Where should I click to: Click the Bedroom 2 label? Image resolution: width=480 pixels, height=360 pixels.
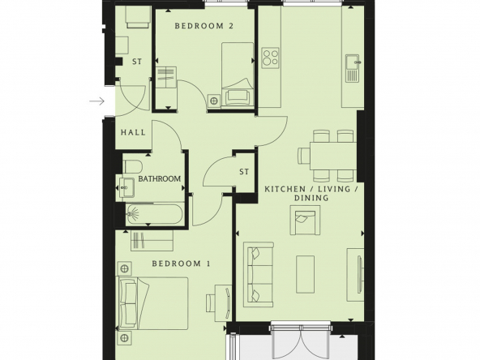click(204, 26)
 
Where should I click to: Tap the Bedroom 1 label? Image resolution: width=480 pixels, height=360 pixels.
click(182, 264)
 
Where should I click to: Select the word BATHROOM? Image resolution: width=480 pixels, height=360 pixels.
click(160, 178)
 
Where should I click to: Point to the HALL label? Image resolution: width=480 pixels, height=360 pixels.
click(133, 132)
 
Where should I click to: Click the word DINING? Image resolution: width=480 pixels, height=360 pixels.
click(311, 198)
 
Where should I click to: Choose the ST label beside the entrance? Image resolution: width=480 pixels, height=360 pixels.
click(137, 62)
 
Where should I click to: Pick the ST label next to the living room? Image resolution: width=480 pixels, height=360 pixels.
click(244, 172)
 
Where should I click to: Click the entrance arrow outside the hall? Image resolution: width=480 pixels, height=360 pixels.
click(97, 101)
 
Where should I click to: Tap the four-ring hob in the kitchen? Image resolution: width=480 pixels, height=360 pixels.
click(271, 58)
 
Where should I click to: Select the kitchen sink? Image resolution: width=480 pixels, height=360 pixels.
click(353, 68)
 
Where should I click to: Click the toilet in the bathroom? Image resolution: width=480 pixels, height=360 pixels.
click(133, 167)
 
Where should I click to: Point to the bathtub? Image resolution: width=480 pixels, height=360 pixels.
click(155, 214)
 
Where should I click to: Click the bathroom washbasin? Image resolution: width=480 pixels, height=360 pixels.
click(126, 187)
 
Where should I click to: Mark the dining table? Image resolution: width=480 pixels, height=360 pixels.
click(333, 156)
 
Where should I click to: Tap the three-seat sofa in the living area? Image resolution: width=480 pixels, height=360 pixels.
click(259, 275)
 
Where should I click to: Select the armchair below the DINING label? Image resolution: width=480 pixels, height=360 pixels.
click(305, 220)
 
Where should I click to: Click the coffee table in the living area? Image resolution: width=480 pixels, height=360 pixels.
click(305, 275)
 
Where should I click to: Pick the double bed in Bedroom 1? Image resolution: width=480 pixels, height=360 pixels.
click(152, 303)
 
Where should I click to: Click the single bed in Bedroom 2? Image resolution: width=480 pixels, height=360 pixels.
click(238, 75)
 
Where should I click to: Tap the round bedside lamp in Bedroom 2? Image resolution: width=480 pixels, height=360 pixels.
click(214, 101)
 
